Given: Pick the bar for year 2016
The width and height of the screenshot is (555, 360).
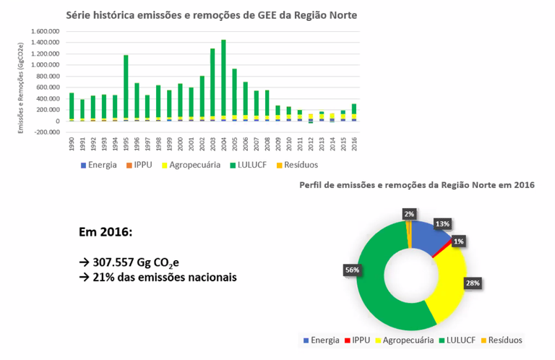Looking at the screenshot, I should [353, 108].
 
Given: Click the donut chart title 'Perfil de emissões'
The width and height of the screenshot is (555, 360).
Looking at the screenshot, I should [416, 185].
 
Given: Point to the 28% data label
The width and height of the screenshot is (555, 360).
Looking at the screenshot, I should [473, 283].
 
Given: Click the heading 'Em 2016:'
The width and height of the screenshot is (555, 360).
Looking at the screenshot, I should [106, 233].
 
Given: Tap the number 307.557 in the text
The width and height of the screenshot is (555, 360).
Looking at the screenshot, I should [115, 262].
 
